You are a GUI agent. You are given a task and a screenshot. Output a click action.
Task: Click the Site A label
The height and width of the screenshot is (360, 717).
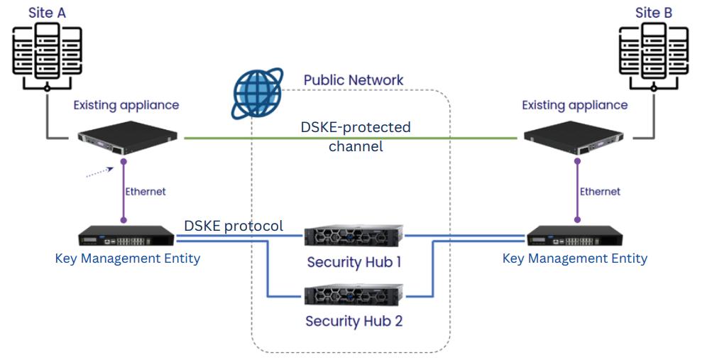pos(48,12)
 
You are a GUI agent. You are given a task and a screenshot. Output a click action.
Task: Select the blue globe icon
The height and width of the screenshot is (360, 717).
pos(258,92)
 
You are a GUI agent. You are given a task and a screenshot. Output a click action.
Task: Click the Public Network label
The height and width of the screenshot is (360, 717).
pos(354,80)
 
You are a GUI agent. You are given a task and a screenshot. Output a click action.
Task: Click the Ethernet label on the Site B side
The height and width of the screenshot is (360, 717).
pos(600,191)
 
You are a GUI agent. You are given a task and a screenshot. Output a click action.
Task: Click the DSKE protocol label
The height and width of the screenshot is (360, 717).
pos(234,226)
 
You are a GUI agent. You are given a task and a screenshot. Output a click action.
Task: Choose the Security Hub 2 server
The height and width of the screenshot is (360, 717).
pos(354,294)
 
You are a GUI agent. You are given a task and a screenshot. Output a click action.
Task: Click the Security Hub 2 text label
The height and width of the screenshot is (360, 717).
pos(354,321)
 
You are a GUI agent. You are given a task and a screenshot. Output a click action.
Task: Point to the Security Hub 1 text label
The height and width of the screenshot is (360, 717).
pos(354,262)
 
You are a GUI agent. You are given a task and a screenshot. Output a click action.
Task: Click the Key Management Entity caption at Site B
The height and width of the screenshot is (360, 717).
pos(574,258)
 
